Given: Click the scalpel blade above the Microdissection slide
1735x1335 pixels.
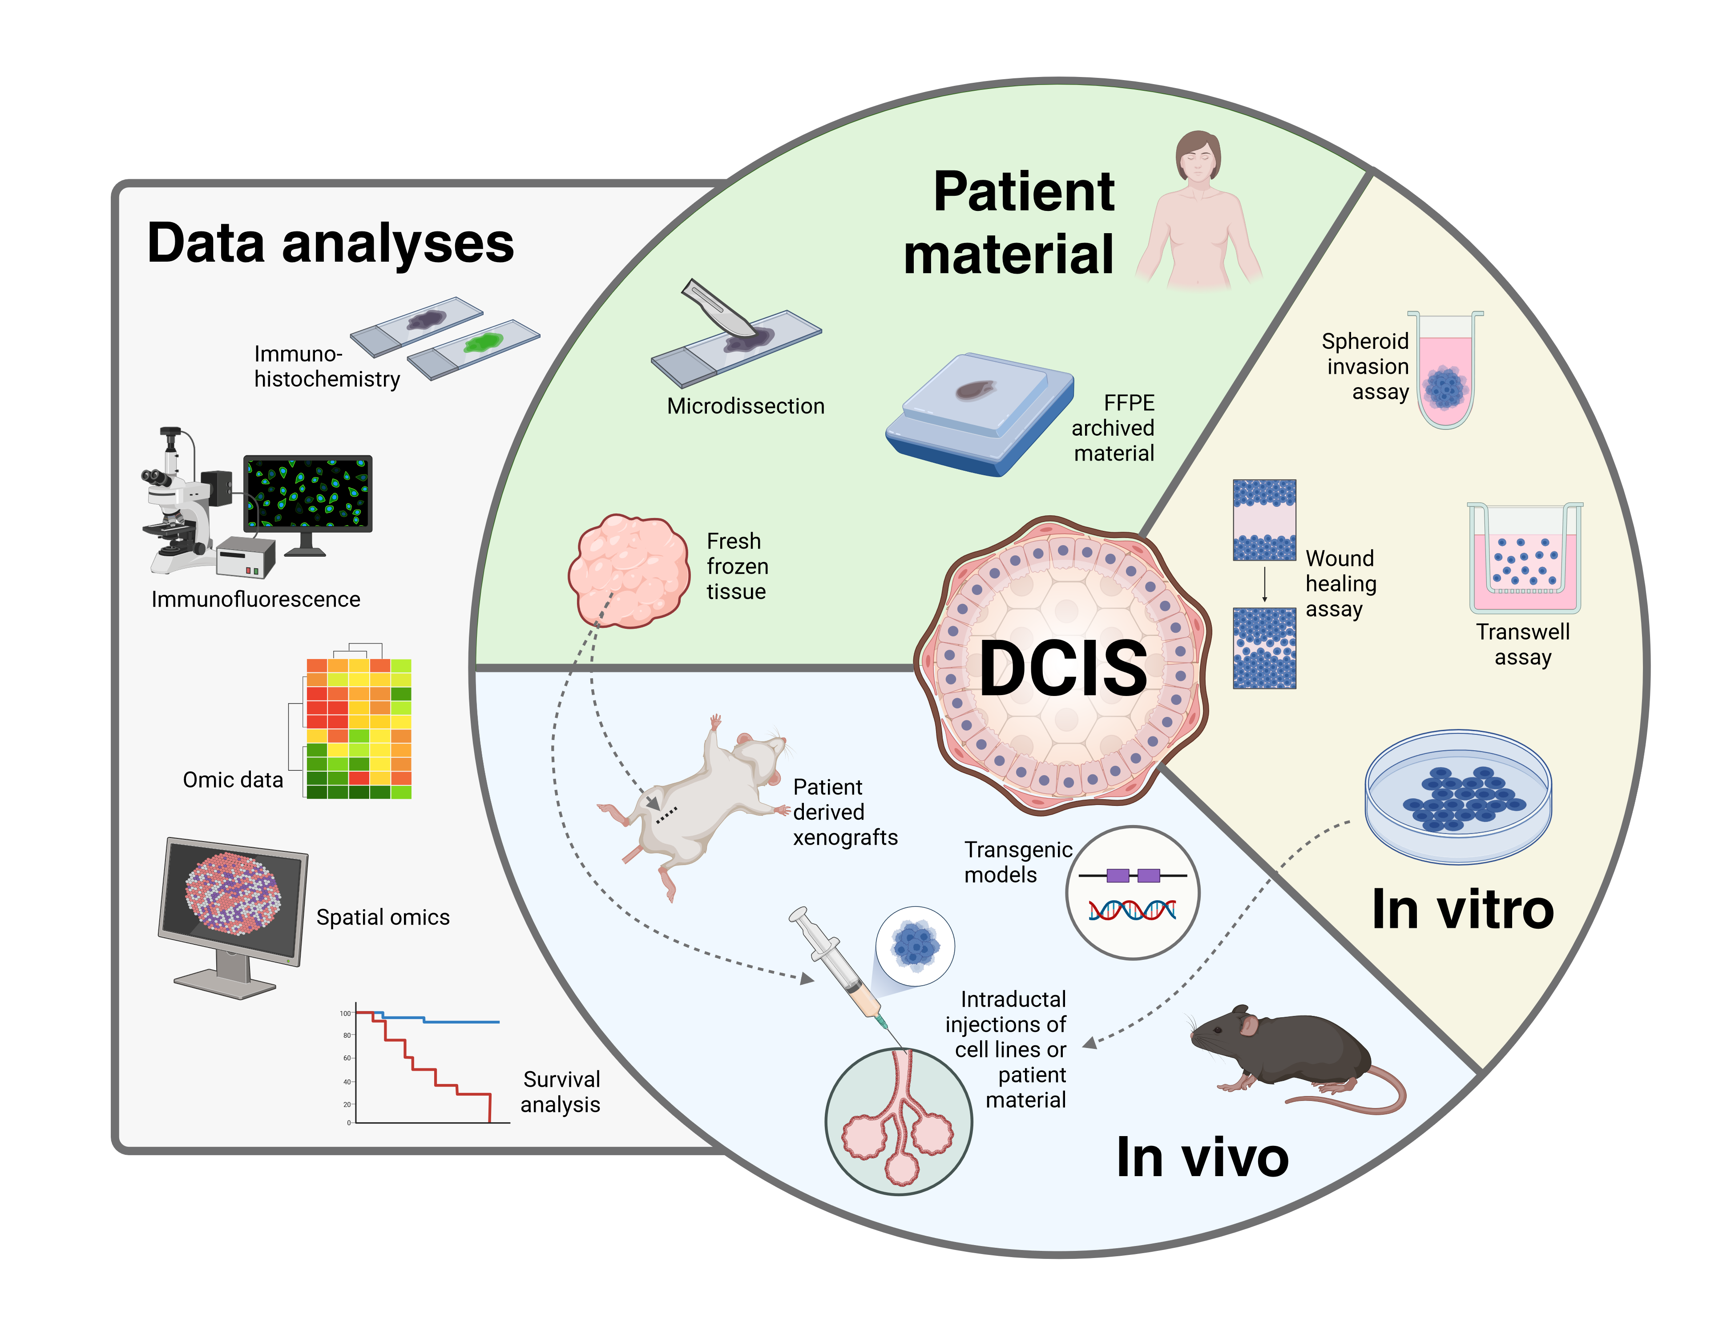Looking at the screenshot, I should (719, 308).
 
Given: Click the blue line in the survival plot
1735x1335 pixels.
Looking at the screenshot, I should (461, 1021).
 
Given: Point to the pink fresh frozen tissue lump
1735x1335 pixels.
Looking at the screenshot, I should (628, 570).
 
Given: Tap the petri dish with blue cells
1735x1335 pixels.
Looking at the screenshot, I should (1458, 797).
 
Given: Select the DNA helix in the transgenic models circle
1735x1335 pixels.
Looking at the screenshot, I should (1133, 910).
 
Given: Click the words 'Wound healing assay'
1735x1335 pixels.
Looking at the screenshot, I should (1341, 583).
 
